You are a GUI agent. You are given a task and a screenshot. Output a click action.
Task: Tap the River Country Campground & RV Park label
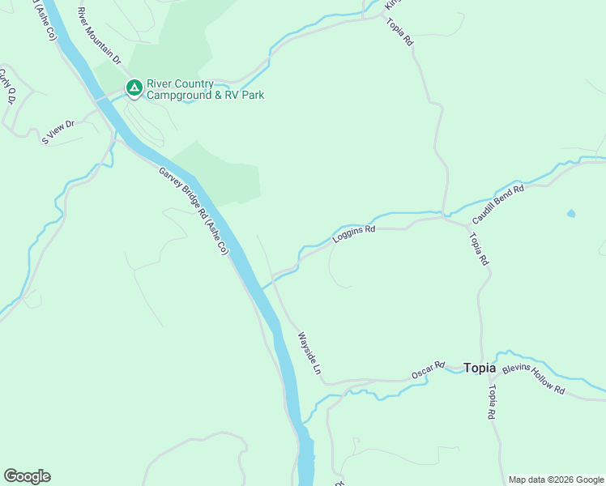click(204, 89)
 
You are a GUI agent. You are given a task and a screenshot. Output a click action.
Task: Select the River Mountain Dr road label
click(99, 36)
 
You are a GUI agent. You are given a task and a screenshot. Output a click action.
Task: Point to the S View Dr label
click(58, 132)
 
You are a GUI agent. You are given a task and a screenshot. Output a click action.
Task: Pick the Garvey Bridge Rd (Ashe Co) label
click(194, 211)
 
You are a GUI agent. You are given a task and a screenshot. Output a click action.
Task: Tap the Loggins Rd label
click(354, 235)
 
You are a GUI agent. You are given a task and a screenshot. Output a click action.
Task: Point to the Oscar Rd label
click(429, 370)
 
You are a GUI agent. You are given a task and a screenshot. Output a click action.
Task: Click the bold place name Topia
click(480, 368)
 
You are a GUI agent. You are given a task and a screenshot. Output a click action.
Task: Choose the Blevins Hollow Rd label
click(533, 378)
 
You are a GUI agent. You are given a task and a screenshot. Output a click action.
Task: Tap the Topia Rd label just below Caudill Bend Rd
click(479, 249)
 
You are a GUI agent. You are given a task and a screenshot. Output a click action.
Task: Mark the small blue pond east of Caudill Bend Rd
click(572, 214)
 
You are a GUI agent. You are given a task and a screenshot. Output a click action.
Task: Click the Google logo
click(27, 476)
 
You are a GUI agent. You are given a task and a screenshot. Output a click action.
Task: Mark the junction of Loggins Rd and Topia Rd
click(445, 216)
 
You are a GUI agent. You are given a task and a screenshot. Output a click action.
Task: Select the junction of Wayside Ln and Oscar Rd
click(326, 380)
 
